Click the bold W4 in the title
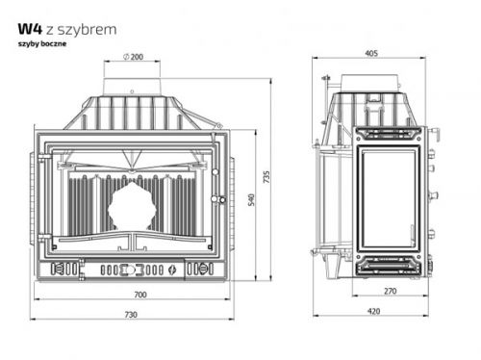(30, 29)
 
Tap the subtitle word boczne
(54, 43)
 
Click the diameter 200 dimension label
(133, 57)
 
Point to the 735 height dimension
(266, 177)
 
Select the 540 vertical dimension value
(251, 199)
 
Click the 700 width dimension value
(140, 295)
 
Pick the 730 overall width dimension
(131, 315)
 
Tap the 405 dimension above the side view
(371, 53)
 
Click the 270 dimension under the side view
(391, 291)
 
